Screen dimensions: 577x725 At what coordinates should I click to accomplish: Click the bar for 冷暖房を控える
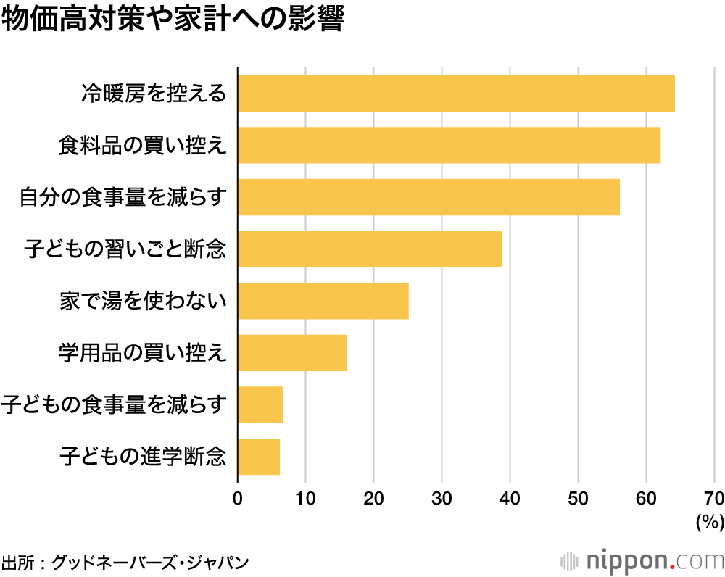(x=456, y=94)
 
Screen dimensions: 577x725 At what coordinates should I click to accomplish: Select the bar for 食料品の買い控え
(x=449, y=145)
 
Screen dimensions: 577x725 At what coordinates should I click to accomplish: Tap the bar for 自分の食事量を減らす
(x=428, y=197)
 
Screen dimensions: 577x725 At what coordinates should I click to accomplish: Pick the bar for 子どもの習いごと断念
(x=370, y=249)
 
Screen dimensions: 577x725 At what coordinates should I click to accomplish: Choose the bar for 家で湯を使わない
(x=323, y=301)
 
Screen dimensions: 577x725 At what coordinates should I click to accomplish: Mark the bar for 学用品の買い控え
(x=292, y=353)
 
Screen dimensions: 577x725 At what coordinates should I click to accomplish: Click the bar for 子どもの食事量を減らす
(x=260, y=404)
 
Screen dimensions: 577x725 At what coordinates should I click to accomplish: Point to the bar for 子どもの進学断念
(x=259, y=457)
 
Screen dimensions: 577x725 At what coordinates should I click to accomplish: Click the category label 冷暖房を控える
(x=154, y=94)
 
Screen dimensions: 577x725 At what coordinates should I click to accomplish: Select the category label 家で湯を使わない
(x=144, y=301)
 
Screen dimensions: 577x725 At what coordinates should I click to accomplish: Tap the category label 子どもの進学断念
(x=144, y=457)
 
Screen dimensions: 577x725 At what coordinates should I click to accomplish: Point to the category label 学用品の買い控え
(x=143, y=353)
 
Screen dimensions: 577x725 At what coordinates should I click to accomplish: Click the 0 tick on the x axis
(x=238, y=498)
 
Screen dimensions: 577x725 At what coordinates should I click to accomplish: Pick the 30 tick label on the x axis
(x=442, y=498)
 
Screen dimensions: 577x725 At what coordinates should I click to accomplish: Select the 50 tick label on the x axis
(x=578, y=498)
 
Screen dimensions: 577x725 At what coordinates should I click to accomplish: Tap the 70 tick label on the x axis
(x=713, y=498)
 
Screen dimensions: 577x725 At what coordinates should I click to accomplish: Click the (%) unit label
(x=709, y=521)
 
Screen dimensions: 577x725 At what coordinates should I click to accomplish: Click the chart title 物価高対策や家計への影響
(x=172, y=20)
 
